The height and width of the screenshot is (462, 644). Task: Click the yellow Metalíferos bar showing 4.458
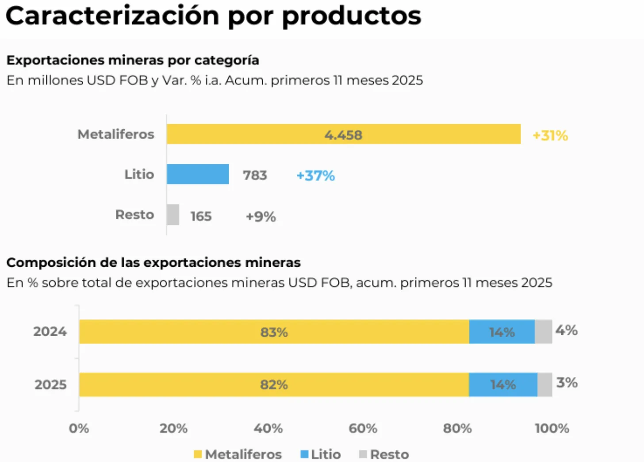[343, 134]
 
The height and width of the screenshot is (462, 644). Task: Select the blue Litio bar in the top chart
[198, 174]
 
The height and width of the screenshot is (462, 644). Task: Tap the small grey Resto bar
[173, 215]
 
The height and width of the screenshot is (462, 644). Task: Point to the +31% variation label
[550, 136]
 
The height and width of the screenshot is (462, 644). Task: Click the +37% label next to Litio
[315, 176]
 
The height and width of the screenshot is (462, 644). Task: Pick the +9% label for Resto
[261, 216]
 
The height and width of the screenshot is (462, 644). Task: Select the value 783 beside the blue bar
[255, 175]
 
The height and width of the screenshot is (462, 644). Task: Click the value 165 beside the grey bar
[201, 216]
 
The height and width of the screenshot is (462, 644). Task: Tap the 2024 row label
[50, 332]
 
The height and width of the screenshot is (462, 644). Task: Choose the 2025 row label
[50, 385]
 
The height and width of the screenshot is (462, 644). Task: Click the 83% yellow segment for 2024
[274, 332]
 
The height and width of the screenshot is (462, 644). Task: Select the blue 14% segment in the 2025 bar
[503, 385]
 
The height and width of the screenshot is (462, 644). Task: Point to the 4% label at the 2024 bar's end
[566, 330]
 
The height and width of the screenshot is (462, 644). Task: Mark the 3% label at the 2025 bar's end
[567, 382]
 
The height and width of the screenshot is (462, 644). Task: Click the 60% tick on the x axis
[363, 428]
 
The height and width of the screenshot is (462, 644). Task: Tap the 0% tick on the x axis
[79, 428]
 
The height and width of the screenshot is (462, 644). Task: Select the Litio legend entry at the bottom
[321, 454]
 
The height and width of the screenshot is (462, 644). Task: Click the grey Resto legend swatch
[363, 454]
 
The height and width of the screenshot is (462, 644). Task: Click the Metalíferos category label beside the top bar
[116, 134]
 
